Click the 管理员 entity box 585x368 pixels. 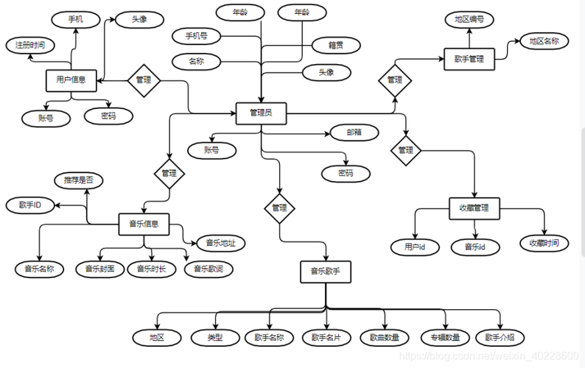[261, 113]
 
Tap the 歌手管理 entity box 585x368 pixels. [469, 59]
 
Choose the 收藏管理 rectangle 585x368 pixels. [474, 208]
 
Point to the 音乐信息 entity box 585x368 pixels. [144, 222]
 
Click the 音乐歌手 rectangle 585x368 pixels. [326, 272]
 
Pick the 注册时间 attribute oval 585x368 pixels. [29, 45]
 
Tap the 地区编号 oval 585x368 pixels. [469, 20]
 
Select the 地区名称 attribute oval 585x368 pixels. [544, 41]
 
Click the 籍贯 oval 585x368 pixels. [334, 46]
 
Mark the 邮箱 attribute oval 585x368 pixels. [354, 132]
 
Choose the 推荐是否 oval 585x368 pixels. [79, 180]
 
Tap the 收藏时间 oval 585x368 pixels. [544, 243]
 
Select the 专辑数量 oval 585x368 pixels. [445, 337]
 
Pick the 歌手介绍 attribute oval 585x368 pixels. [500, 337]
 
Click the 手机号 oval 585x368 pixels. [196, 35]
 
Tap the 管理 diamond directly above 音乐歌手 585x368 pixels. [279, 208]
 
